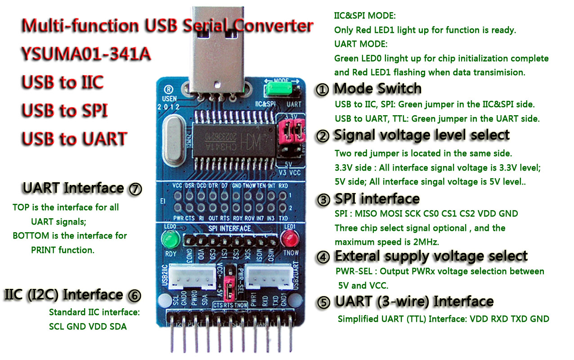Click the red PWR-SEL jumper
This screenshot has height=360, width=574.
[x=230, y=288]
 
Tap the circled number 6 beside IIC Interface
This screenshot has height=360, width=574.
[x=134, y=296]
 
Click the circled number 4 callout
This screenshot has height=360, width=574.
[x=323, y=257]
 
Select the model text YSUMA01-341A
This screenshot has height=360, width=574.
[x=85, y=54]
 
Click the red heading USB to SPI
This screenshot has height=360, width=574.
[x=65, y=110]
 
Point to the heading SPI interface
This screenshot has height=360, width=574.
[x=377, y=199]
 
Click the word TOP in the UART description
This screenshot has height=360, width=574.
[x=21, y=207]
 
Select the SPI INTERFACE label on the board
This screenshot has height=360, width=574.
[x=230, y=229]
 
